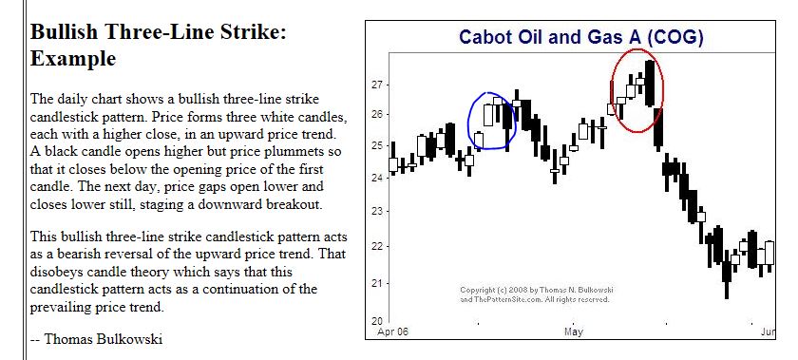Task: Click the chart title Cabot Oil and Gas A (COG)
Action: click(x=580, y=37)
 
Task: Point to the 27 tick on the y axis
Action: click(x=375, y=85)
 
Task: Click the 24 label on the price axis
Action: click(x=375, y=179)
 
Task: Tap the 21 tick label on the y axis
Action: click(x=375, y=284)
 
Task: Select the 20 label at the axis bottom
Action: click(x=375, y=321)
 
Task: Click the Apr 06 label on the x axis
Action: click(x=393, y=332)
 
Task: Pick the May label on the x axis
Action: click(x=573, y=332)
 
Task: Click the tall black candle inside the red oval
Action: click(x=650, y=83)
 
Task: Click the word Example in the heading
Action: click(x=73, y=59)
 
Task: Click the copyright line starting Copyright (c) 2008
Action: click(x=537, y=290)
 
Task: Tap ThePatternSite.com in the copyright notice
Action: click(x=509, y=300)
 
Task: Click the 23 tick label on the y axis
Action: click(x=375, y=211)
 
